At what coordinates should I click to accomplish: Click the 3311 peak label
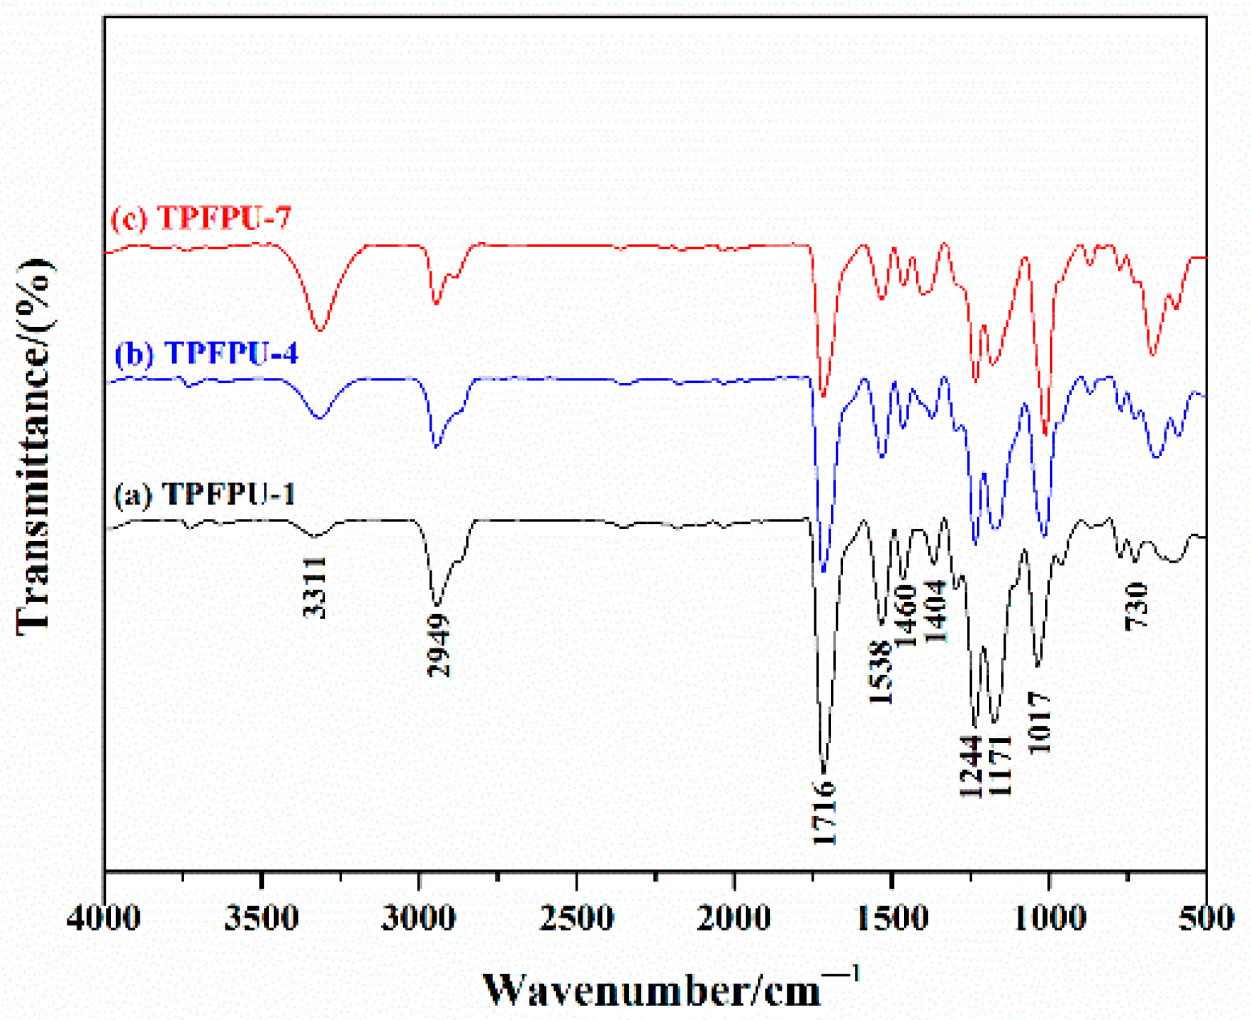(315, 587)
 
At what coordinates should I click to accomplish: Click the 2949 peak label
(439, 646)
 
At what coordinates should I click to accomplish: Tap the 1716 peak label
(824, 813)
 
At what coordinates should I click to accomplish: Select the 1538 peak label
(881, 672)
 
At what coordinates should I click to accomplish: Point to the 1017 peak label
(1040, 722)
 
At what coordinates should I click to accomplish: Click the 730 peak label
(1136, 606)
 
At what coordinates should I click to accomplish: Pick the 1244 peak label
(969, 766)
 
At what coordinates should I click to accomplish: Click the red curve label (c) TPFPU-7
(202, 218)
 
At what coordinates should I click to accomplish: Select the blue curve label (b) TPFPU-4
(206, 353)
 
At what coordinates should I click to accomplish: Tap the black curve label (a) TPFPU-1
(205, 494)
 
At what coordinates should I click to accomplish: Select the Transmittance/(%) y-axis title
(33, 447)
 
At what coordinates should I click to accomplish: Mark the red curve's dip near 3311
(320, 330)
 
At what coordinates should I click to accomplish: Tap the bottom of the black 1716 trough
(824, 772)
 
